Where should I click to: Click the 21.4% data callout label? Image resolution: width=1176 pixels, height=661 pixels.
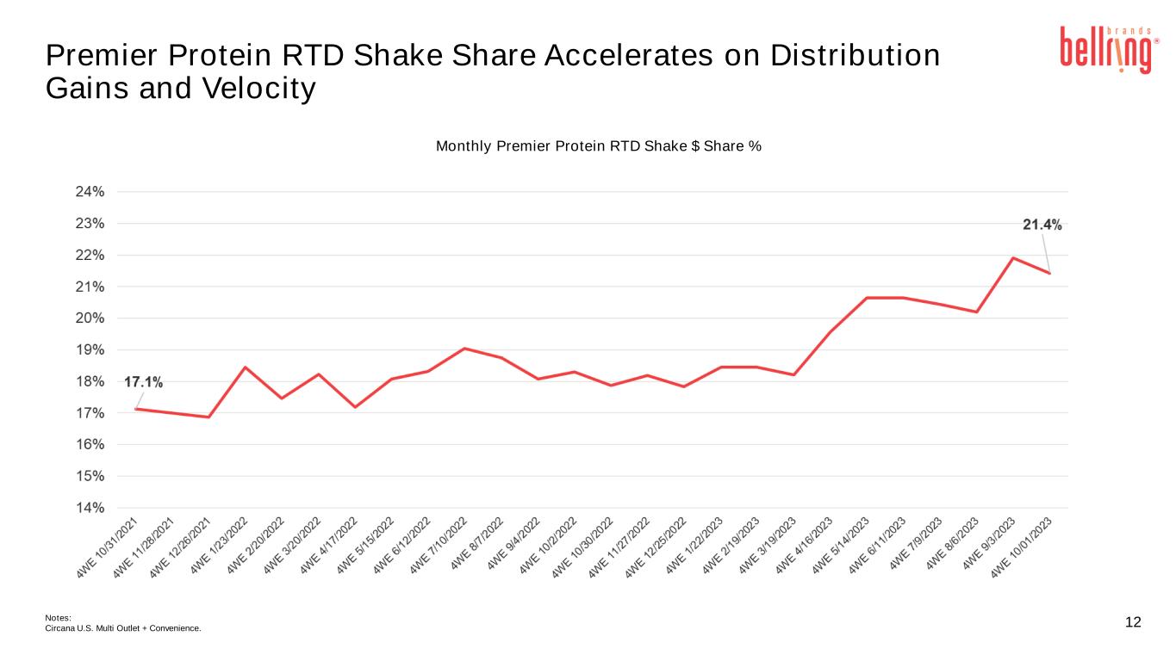click(x=1042, y=225)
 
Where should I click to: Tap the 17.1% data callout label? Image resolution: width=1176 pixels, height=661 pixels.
click(x=144, y=381)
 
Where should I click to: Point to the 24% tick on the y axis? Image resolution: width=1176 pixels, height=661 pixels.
click(x=90, y=192)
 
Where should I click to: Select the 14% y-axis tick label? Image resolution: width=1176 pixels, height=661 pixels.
click(x=90, y=508)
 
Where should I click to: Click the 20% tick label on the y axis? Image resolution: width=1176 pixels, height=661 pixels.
click(x=90, y=318)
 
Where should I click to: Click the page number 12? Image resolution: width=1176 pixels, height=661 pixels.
click(x=1133, y=622)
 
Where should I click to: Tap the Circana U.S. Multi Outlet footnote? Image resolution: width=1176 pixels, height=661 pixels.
click(x=122, y=628)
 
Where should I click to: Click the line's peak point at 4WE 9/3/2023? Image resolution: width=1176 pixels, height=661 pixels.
click(x=1012, y=257)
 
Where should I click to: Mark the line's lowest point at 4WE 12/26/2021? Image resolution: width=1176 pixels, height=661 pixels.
click(x=208, y=417)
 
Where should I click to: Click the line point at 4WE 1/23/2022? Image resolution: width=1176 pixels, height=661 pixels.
click(x=246, y=368)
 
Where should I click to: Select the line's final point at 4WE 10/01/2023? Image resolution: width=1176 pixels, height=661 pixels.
click(x=1049, y=273)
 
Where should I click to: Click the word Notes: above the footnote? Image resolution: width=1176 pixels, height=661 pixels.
click(x=57, y=617)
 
